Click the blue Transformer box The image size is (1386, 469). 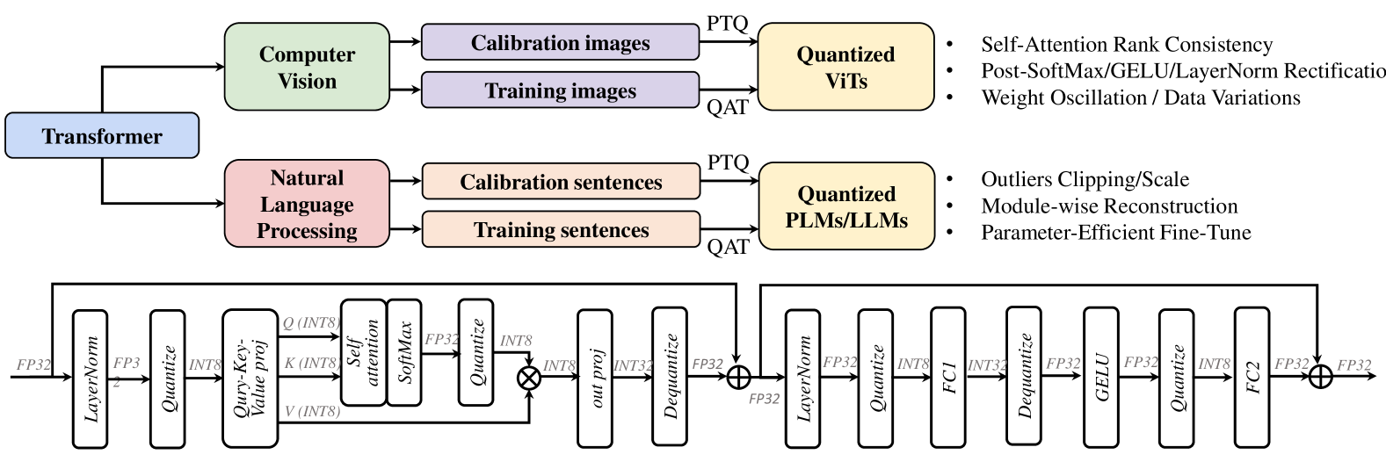[102, 136]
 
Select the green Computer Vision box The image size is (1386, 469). [307, 68]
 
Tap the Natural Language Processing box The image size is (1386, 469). [307, 204]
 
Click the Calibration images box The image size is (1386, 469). [560, 43]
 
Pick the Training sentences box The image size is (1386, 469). [561, 230]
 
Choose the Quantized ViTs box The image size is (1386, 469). [845, 68]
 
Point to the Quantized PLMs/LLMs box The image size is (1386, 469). [845, 206]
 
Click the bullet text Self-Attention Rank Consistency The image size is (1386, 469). [1126, 45]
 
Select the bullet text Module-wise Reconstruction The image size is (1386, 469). [1109, 206]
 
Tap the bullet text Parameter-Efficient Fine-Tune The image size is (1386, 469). [1115, 233]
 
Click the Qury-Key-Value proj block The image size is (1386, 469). [250, 378]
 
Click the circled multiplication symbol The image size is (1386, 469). [529, 378]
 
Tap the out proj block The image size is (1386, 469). [594, 378]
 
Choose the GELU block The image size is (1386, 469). [1102, 378]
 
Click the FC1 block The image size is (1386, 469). [948, 378]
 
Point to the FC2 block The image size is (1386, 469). [1252, 378]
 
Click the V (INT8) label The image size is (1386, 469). [311, 410]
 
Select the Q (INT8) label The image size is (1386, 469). [310, 323]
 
